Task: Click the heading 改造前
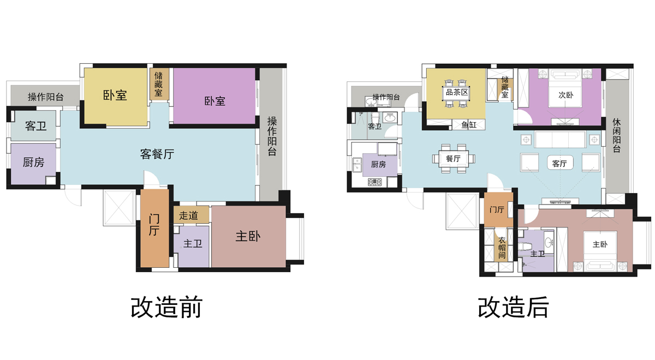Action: (x=166, y=308)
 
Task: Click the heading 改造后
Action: (x=514, y=308)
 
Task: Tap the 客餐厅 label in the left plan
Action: (x=157, y=154)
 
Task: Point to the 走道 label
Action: (x=188, y=215)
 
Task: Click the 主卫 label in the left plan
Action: (x=193, y=244)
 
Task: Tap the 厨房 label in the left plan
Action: (x=33, y=163)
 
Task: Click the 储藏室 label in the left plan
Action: (x=158, y=84)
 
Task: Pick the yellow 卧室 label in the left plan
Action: (x=115, y=95)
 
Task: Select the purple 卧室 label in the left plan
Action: (x=215, y=101)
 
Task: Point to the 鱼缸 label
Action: (x=469, y=125)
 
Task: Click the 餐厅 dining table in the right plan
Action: (x=453, y=159)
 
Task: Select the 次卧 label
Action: (x=565, y=94)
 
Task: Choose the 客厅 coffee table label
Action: (x=559, y=163)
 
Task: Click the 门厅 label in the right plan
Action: (x=496, y=209)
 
